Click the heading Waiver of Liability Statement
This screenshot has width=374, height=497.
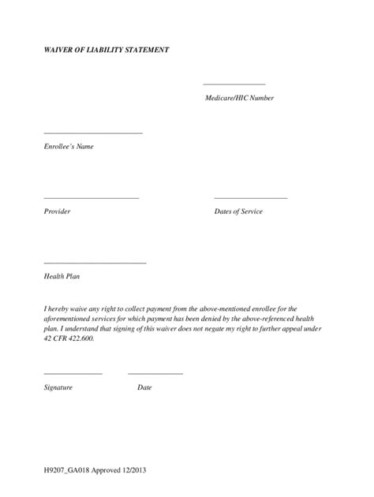107,50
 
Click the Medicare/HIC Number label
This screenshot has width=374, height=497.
240,98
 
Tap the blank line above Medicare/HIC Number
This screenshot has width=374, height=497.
234,84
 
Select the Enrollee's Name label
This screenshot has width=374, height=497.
69,146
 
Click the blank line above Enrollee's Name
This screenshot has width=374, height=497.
93,133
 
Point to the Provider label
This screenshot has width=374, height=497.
58,211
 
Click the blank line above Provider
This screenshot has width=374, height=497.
92,198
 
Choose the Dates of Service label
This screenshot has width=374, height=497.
238,211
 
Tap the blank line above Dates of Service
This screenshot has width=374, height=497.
251,198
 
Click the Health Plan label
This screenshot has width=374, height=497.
62,276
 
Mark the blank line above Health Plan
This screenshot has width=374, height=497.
95,263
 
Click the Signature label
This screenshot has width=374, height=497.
58,387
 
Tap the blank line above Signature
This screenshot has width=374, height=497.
73,373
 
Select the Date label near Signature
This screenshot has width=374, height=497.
144,387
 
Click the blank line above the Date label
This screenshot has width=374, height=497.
155,373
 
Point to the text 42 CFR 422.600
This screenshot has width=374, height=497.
69,338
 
